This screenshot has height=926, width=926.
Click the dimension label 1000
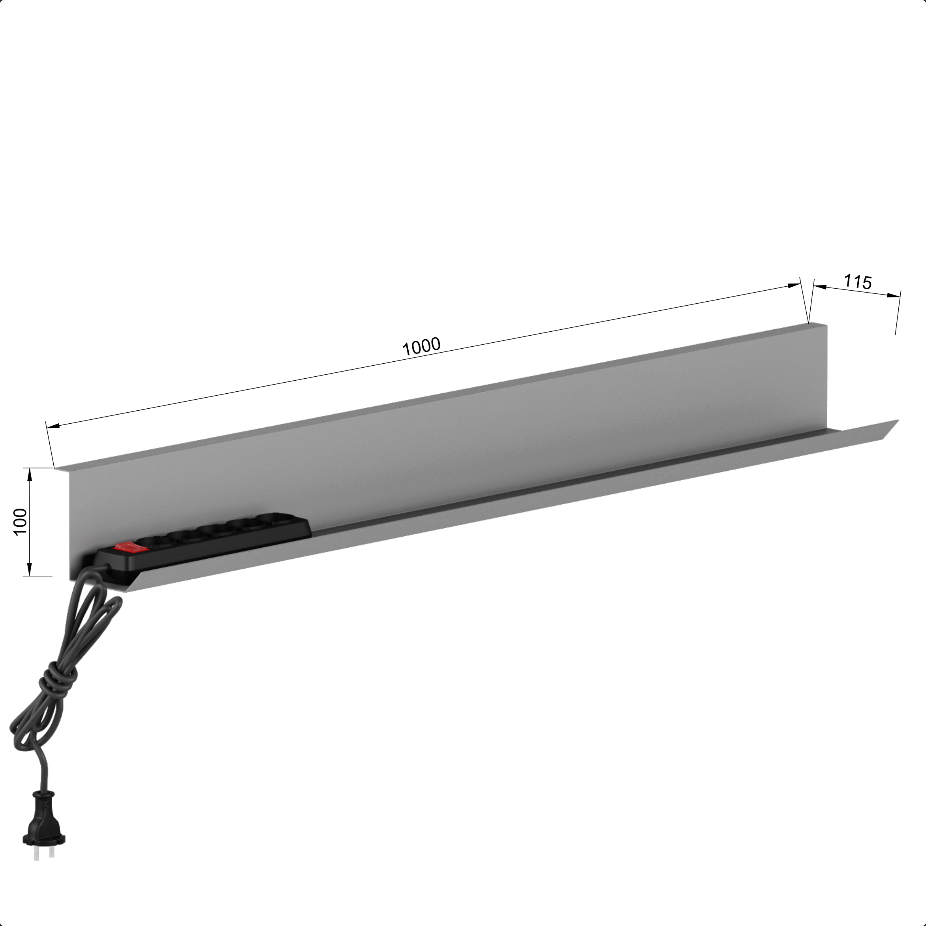[421, 347]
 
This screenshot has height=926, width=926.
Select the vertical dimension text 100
[21, 522]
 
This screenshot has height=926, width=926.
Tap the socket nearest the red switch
[155, 541]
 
